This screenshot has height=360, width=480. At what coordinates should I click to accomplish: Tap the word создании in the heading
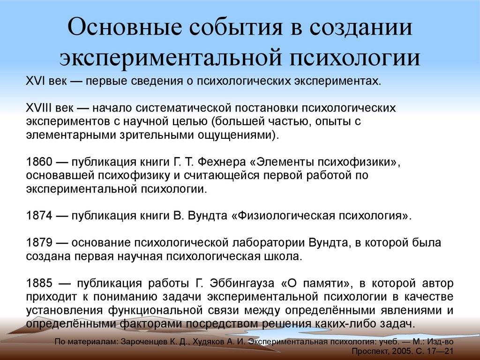(x=361, y=27)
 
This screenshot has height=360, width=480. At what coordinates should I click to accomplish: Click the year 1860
(x=39, y=162)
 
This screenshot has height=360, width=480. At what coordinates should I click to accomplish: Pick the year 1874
(x=39, y=216)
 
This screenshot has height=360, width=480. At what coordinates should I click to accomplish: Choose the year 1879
(x=39, y=243)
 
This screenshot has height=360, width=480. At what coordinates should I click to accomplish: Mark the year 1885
(x=39, y=283)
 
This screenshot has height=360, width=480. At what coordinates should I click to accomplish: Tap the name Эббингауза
(x=242, y=284)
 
